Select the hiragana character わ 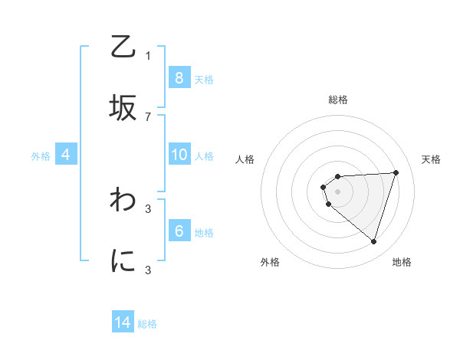point(123,200)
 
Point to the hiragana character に point(123,263)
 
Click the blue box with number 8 point(179,78)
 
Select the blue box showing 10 point(179,155)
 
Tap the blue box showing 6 point(179,231)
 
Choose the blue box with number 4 point(66,155)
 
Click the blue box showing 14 point(123,322)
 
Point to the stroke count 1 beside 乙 point(148,56)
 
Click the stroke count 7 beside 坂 point(148,116)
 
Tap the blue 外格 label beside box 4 point(41,155)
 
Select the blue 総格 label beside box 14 point(147,323)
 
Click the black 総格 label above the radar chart point(337,100)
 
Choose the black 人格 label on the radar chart point(245,159)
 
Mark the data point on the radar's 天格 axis point(396,172)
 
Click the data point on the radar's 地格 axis point(373,241)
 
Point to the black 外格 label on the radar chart point(270,262)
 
